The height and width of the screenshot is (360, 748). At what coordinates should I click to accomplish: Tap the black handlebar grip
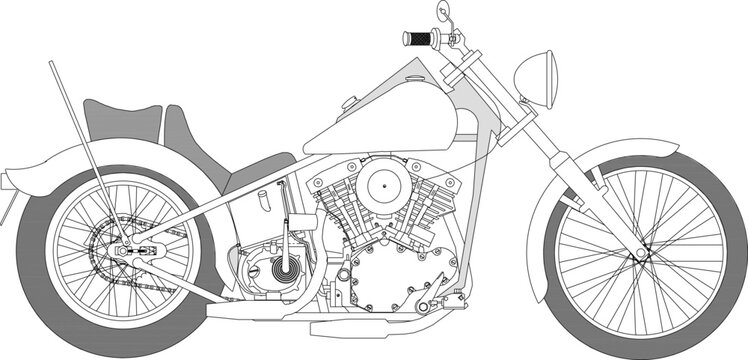pyautogui.click(x=416, y=39)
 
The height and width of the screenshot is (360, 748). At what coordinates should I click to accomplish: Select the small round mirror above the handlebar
pyautogui.click(x=441, y=12)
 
